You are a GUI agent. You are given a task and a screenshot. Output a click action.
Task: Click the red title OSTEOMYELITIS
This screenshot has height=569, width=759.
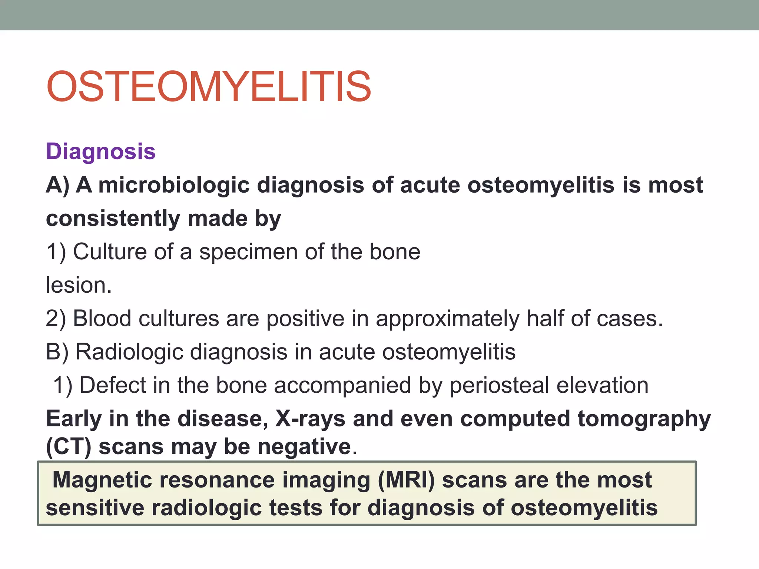click(208, 87)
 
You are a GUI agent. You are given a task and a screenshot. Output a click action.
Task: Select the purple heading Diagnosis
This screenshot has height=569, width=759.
click(100, 152)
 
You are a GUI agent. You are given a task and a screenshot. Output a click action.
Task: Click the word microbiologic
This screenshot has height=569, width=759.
click(173, 185)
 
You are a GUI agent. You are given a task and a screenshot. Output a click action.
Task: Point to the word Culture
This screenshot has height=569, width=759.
click(110, 252)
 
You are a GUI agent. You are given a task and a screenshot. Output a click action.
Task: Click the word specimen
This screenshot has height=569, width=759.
click(248, 252)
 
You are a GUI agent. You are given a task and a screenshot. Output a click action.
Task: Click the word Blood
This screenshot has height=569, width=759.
click(102, 319)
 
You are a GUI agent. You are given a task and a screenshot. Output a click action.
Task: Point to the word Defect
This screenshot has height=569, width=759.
click(113, 385)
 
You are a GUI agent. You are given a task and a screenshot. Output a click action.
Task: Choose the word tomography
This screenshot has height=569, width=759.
click(644, 420)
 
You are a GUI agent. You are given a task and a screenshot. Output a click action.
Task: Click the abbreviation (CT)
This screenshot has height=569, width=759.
click(69, 447)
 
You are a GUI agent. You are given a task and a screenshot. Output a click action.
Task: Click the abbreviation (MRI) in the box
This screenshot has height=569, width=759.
click(406, 480)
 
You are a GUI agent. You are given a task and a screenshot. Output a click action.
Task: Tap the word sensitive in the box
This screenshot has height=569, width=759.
click(95, 508)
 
